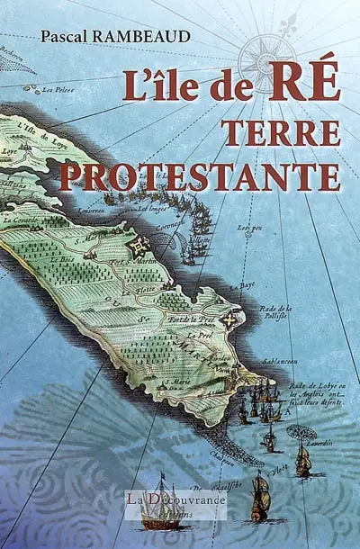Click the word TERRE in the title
(x=281, y=132)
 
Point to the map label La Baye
(x=241, y=287)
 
